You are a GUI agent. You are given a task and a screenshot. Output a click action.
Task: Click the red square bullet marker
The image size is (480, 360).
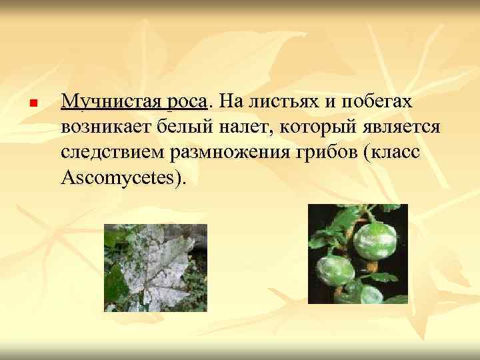33,104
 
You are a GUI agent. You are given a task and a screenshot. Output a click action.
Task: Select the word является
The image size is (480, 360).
397,127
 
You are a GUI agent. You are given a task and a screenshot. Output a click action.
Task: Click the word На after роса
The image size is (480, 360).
229,102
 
